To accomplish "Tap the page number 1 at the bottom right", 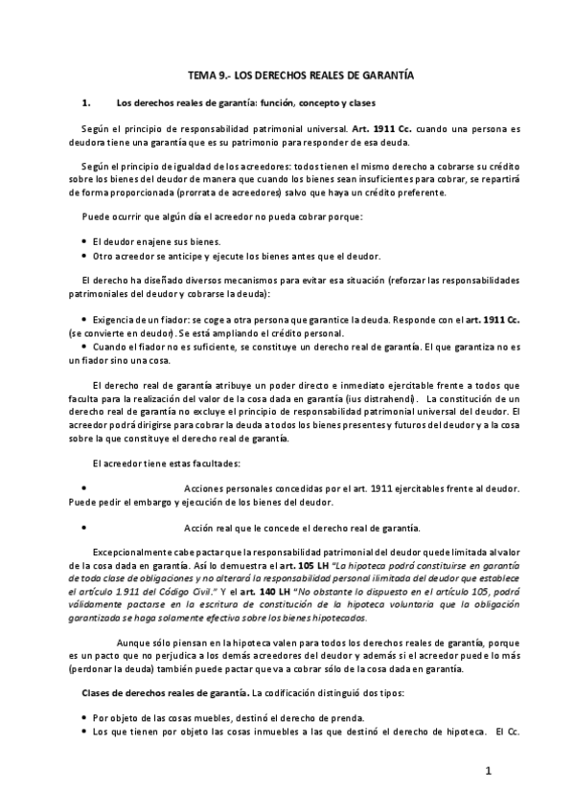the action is (488, 770).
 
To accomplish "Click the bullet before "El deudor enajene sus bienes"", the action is (85, 240).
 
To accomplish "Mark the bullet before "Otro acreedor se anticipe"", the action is (85, 256).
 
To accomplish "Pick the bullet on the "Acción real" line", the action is (85, 528).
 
